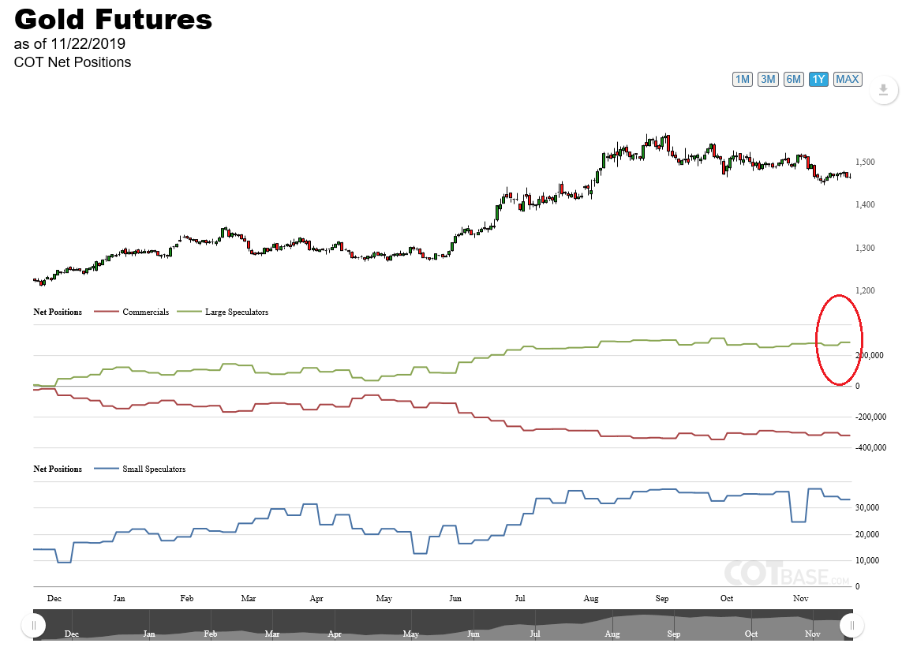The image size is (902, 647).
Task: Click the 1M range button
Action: click(x=743, y=79)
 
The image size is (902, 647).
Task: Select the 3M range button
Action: click(x=768, y=79)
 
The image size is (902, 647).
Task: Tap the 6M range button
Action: click(x=794, y=79)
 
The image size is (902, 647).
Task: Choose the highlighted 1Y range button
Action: click(x=819, y=79)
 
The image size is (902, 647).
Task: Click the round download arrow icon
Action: click(x=883, y=90)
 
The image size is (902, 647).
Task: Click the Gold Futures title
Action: click(x=114, y=19)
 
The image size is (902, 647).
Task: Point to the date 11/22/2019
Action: click(x=88, y=44)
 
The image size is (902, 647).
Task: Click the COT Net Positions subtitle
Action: click(x=73, y=62)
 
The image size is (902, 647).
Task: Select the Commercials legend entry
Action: click(x=145, y=312)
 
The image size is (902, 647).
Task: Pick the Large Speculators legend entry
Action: click(x=236, y=312)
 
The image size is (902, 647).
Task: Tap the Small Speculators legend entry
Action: click(x=153, y=469)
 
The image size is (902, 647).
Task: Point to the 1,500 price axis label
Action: click(x=865, y=163)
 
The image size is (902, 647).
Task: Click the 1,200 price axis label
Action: click(x=865, y=291)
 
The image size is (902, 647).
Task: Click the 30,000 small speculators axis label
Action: click(x=868, y=508)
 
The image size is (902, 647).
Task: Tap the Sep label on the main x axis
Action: click(x=661, y=598)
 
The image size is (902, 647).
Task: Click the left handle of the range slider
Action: click(x=34, y=626)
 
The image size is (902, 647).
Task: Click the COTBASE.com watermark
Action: click(x=787, y=574)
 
